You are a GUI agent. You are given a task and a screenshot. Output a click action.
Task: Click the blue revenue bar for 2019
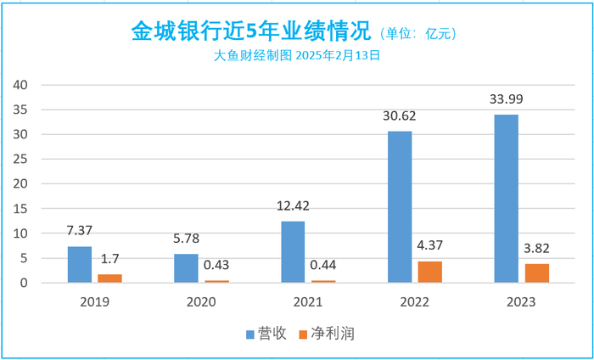pos(80,264)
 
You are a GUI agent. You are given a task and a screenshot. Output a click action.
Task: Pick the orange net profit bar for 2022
pos(430,272)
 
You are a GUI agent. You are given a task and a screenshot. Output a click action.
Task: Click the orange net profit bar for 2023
pos(536,273)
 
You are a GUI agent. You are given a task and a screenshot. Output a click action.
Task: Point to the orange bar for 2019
pos(110,278)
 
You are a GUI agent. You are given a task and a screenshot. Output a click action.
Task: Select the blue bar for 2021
pos(293,251)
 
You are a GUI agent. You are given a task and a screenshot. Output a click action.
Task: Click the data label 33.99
pos(507,99)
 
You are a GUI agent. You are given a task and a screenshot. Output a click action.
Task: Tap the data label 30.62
pos(401,116)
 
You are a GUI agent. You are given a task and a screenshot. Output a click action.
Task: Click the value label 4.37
pos(430,246)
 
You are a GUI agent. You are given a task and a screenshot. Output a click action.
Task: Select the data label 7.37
pos(80,231)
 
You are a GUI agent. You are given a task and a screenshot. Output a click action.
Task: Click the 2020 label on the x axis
pos(201,301)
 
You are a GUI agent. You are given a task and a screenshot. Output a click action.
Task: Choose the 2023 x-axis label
pos(521,301)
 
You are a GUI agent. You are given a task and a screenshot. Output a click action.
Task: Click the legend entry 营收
pos(266,334)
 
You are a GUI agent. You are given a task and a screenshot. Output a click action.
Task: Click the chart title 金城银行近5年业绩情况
pos(252,32)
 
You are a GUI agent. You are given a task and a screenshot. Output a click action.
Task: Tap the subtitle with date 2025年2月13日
pos(296,56)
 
